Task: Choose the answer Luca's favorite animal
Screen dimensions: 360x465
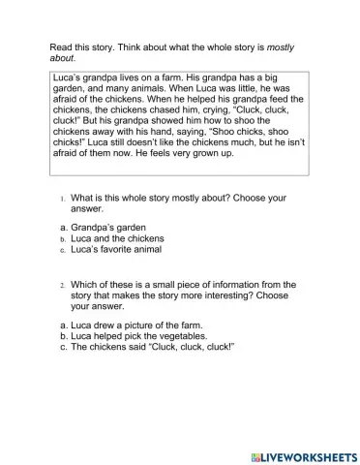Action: (x=114, y=249)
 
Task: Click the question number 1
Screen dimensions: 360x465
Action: (x=61, y=199)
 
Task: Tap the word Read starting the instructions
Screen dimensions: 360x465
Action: (x=61, y=47)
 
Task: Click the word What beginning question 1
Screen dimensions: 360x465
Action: (x=83, y=199)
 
